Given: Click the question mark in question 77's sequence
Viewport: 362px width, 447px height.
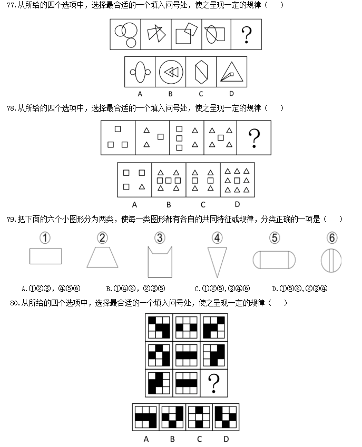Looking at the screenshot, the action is pyautogui.click(x=247, y=35).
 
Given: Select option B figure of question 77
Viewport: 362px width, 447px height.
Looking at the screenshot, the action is pyautogui.click(x=171, y=72).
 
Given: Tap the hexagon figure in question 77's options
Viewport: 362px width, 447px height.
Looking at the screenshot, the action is pyautogui.click(x=201, y=72).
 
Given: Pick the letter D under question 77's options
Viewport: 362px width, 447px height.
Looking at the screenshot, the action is pyautogui.click(x=231, y=94).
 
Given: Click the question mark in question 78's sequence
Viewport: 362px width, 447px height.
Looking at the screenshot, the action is pyautogui.click(x=254, y=138).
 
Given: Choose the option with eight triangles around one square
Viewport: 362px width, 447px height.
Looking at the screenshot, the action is pyautogui.click(x=237, y=180).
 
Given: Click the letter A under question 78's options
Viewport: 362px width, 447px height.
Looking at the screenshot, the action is pyautogui.click(x=134, y=205).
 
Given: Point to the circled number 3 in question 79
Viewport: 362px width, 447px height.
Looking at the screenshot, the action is pyautogui.click(x=160, y=238).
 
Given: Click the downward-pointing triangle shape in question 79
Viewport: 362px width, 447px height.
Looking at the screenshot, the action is pyautogui.click(x=217, y=262).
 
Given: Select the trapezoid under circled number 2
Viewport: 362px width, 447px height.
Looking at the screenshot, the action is pyautogui.click(x=102, y=257).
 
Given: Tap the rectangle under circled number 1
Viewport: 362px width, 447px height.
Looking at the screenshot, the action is pyautogui.click(x=46, y=256).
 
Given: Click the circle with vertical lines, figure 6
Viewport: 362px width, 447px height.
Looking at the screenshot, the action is pyautogui.click(x=331, y=261).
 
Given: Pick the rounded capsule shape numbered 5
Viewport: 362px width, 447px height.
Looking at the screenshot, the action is pyautogui.click(x=274, y=260).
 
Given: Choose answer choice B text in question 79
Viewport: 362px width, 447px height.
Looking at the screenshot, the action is pyautogui.click(x=135, y=289).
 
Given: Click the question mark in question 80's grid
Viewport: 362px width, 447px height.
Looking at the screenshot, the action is pyautogui.click(x=213, y=383).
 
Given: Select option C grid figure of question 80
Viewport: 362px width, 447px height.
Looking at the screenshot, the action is pyautogui.click(x=199, y=417).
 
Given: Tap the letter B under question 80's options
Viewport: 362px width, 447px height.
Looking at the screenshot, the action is pyautogui.click(x=172, y=439).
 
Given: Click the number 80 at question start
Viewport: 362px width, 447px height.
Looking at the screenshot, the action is pyautogui.click(x=14, y=303).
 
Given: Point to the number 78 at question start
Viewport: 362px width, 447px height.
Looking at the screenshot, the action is pyautogui.click(x=11, y=108).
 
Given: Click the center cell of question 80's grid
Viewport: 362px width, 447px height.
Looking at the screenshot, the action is pyautogui.click(x=187, y=355).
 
